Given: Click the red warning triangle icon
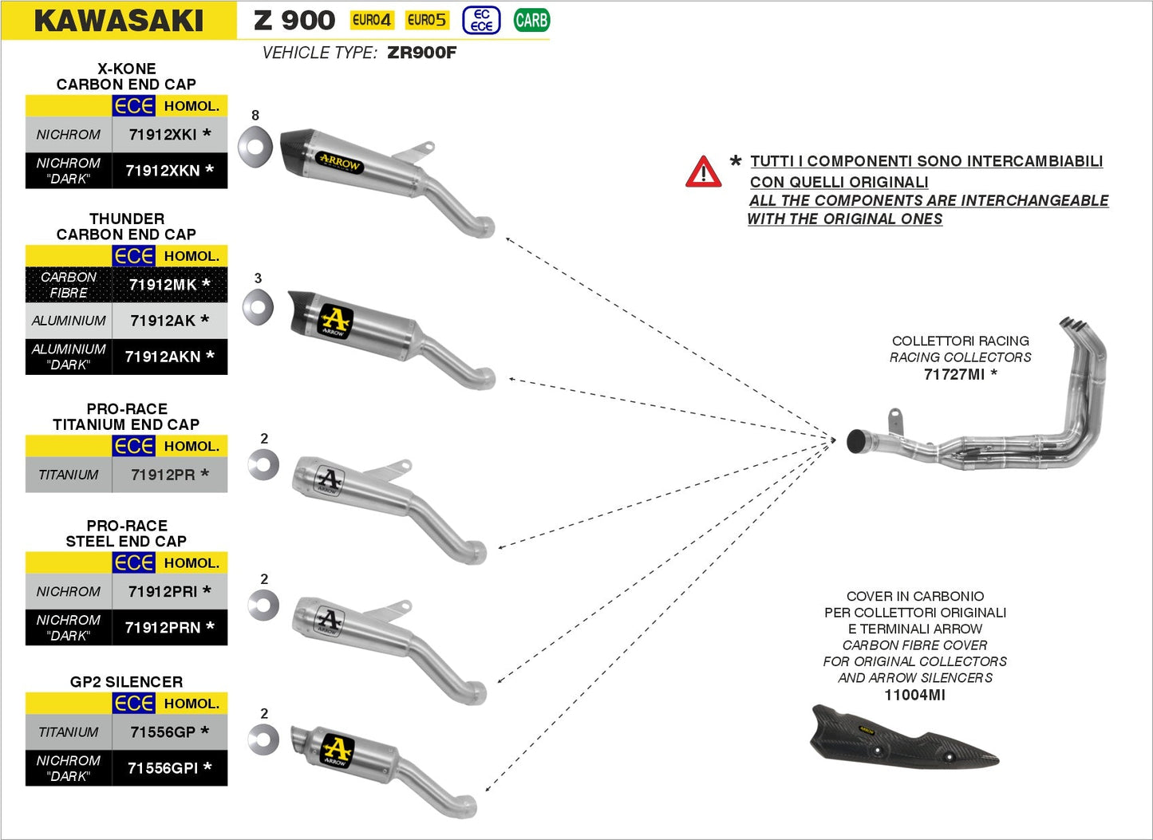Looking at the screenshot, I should pos(703,172).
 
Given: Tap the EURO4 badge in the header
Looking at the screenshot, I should pos(372,20).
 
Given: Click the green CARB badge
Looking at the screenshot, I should pos(531,20).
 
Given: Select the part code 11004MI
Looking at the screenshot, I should pos(914,695).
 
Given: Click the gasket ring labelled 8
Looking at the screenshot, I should pos(256,146).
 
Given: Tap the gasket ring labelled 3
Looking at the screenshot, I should pos(258,307).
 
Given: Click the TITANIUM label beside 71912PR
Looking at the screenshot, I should pos(69,475).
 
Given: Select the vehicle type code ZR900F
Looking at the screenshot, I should pos(421,53).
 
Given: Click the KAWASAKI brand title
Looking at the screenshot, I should pos(119,21).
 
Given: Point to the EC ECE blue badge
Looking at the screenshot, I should pos(481,20).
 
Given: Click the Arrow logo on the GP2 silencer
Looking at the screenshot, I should pos(336,751).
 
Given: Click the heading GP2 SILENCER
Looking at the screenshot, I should pos(126,682).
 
